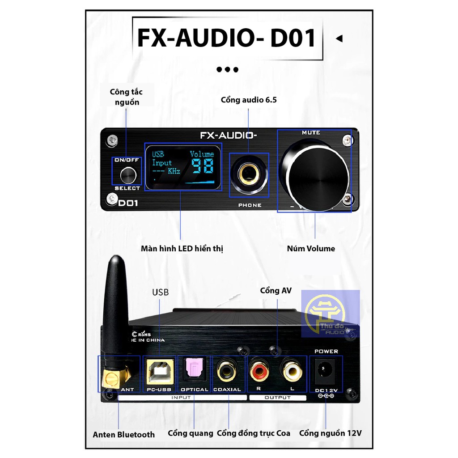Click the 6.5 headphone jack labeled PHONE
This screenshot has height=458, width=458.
pos(249,175)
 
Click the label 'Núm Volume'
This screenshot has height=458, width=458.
pos(311,249)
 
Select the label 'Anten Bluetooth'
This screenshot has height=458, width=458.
pos(124,434)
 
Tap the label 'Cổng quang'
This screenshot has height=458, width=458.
pos(191,433)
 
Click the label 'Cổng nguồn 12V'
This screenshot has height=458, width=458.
pos(330,433)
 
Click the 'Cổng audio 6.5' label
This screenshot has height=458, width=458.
pos(249,100)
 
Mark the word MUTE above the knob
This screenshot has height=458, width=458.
pos(311,133)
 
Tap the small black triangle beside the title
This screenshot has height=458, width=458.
pos(339,38)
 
